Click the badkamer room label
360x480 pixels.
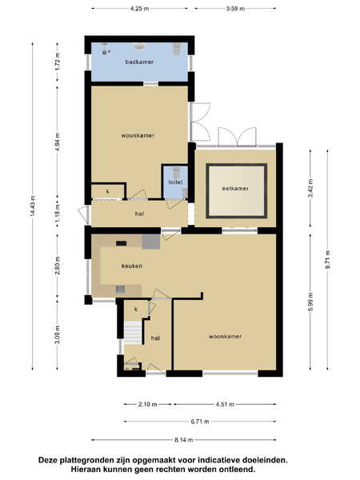point(139,62)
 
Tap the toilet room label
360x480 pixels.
point(175,182)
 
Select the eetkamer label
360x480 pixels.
point(235,189)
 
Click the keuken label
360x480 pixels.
point(132,266)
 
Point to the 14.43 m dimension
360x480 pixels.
point(33,206)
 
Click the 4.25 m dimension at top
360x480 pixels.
point(139,9)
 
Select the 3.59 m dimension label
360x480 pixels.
point(235,9)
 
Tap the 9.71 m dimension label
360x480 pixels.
point(328,259)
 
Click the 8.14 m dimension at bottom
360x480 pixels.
point(184,440)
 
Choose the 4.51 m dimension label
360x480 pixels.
point(225,404)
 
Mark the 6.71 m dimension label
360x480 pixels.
point(200,422)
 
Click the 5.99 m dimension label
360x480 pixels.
point(310,302)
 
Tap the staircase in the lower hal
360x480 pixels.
point(133,333)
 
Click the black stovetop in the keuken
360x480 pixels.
point(122,243)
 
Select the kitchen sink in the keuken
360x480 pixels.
point(120,289)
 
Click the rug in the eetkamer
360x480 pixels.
point(236,190)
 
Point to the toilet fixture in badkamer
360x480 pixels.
point(177,49)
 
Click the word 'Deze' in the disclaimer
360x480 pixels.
point(48,460)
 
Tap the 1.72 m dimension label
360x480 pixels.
point(58,62)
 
